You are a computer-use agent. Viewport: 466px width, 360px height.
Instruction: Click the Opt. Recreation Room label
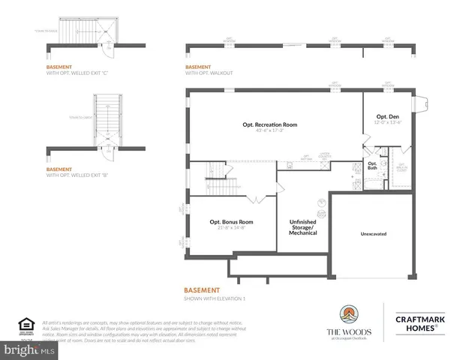pyautogui.click(x=269, y=124)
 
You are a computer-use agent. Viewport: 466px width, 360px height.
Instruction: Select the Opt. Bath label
pyautogui.click(x=372, y=166)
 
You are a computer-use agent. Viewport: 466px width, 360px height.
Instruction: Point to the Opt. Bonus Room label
pyautogui.click(x=231, y=222)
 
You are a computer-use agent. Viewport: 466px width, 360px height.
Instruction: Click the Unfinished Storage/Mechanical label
pyautogui.click(x=303, y=227)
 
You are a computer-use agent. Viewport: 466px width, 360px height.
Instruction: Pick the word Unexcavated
pyautogui.click(x=373, y=234)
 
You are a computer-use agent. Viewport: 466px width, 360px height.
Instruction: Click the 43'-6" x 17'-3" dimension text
pyautogui.click(x=269, y=132)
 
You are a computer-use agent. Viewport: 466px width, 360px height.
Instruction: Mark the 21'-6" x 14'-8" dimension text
pyautogui.click(x=231, y=229)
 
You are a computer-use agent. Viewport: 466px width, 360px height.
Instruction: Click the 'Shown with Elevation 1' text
pyautogui.click(x=215, y=298)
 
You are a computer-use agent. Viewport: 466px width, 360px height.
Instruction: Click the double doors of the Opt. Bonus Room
pyautogui.click(x=253, y=198)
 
